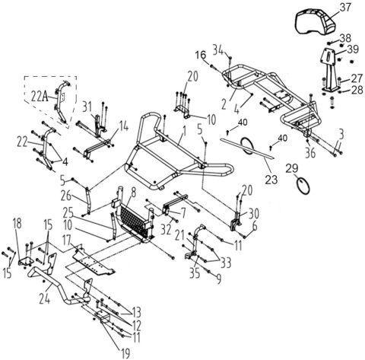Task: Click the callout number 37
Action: [346, 8]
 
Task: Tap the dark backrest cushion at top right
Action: [318, 18]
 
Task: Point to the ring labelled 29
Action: [303, 184]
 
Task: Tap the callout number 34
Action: [218, 50]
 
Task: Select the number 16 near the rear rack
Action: [201, 55]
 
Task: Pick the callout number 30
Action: [252, 212]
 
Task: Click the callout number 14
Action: [124, 123]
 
